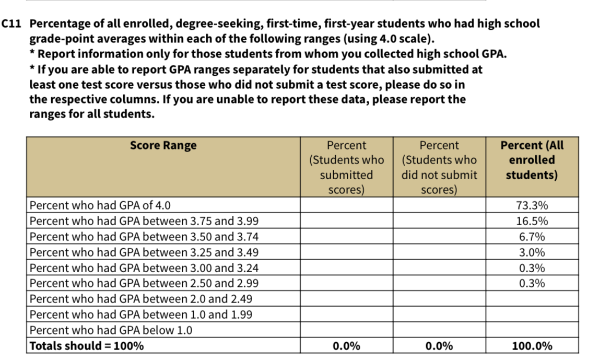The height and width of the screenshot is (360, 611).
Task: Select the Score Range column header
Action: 163,145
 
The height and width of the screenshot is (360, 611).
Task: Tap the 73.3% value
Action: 532,205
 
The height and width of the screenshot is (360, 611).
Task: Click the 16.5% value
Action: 532,221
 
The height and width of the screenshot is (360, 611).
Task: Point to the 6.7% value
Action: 532,237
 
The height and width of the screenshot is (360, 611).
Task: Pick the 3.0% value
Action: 532,252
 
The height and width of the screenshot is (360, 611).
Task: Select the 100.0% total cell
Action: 532,346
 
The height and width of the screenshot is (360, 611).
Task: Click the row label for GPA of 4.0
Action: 100,205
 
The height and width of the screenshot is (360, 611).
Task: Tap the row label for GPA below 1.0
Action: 111,330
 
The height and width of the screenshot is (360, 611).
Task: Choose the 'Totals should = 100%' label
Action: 87,346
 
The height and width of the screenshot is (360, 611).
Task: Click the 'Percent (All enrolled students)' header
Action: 532,160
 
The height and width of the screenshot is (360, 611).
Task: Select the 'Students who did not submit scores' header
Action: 439,167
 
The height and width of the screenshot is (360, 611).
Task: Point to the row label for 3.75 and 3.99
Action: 144,221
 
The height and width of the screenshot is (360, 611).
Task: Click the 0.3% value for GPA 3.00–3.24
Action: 532,268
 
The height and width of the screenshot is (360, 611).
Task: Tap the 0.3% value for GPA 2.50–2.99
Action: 532,283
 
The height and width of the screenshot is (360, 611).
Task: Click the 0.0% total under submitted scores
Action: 346,346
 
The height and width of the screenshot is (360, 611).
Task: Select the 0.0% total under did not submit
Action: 439,346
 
